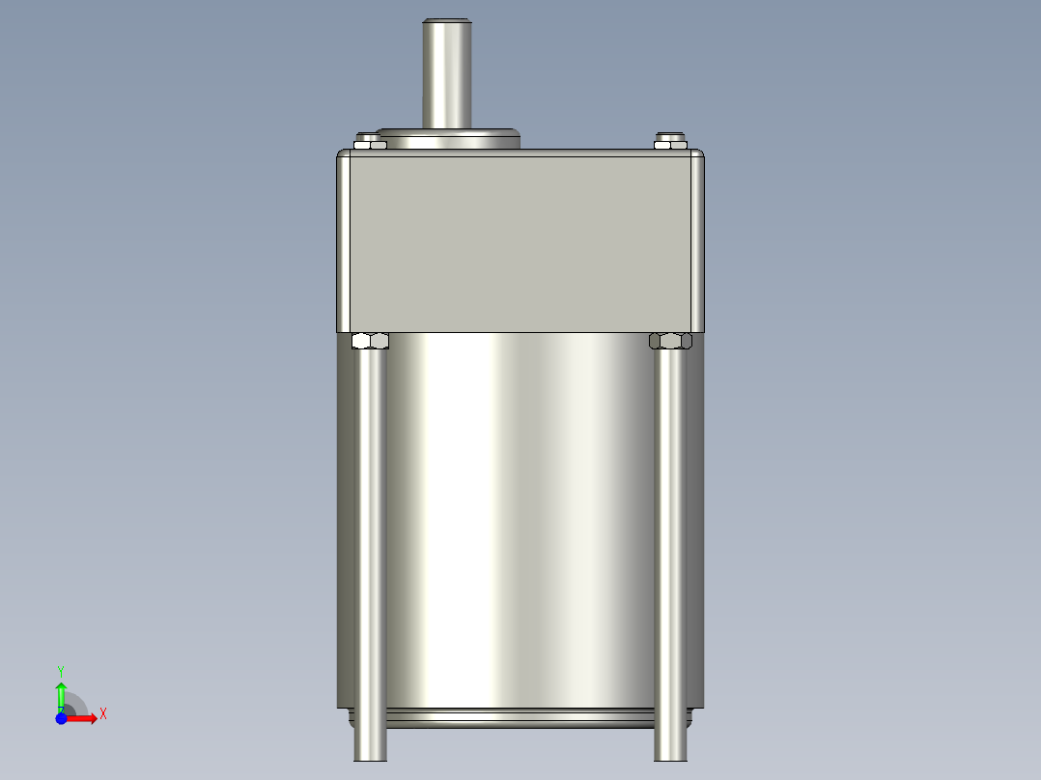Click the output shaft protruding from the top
click(x=446, y=77)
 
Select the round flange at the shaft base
click(x=447, y=138)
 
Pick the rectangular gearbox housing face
click(x=521, y=241)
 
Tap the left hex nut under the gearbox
click(x=371, y=341)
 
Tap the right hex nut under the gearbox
click(x=671, y=341)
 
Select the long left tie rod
click(x=371, y=541)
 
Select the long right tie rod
click(x=671, y=541)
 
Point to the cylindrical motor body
click(x=521, y=521)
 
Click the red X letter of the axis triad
click(x=103, y=714)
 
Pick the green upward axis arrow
click(x=61, y=693)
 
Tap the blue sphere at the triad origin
click(x=61, y=718)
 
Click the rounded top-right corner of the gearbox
click(x=699, y=156)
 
